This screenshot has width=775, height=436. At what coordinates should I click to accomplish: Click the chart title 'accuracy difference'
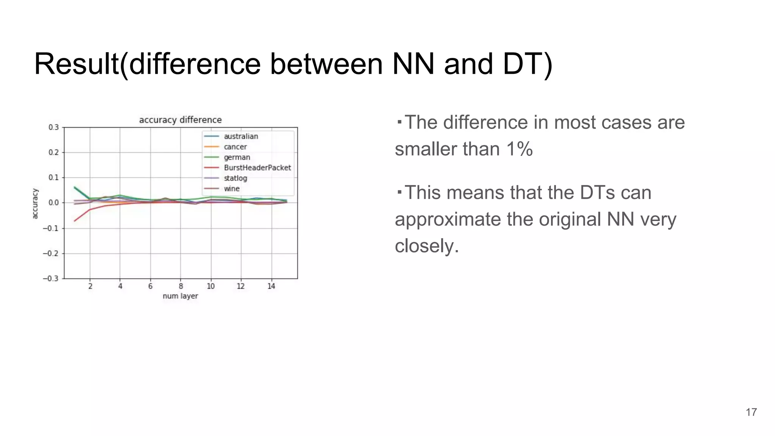(x=180, y=120)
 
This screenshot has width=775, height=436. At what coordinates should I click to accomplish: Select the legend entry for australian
(x=241, y=136)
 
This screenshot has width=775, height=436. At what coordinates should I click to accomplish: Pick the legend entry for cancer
(x=235, y=147)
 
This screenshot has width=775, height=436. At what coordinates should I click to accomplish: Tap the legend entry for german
(x=237, y=157)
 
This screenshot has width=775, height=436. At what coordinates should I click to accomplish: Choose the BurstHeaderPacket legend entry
(x=257, y=168)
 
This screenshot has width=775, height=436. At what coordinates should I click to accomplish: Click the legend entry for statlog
(x=235, y=178)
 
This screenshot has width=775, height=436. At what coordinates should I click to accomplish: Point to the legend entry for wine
(x=232, y=188)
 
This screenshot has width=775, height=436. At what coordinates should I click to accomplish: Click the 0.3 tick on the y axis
(x=53, y=127)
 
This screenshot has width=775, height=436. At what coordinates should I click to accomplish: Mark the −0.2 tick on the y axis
(x=51, y=253)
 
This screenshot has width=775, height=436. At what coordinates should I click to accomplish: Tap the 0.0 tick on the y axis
(x=53, y=203)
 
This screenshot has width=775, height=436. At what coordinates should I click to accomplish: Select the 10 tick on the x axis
(x=211, y=287)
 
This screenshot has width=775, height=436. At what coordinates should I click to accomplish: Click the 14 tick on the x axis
(x=271, y=287)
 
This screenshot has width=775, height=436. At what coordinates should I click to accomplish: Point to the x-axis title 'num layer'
(x=180, y=296)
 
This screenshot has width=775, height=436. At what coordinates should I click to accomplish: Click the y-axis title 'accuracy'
(x=35, y=204)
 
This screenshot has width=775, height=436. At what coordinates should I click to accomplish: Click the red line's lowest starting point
(x=75, y=221)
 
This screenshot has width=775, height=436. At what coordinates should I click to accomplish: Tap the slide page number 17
(x=751, y=412)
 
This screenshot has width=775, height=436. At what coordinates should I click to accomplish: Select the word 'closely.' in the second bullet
(x=427, y=246)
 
